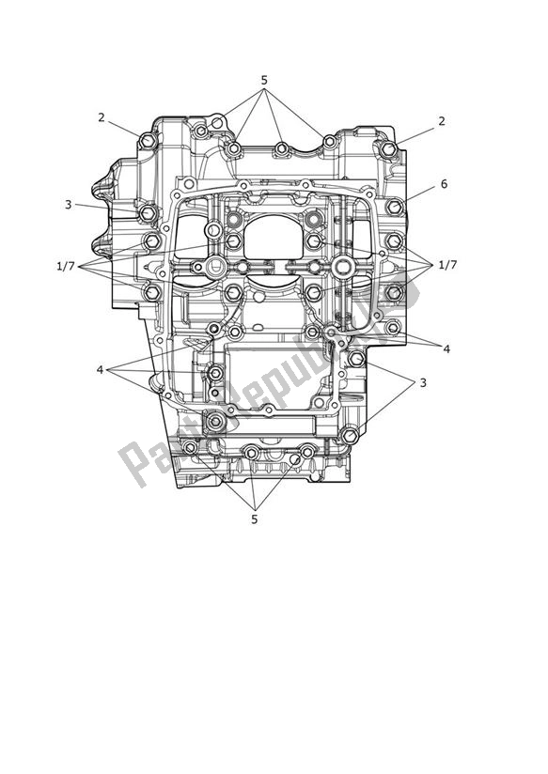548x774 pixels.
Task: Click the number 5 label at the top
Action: [x=264, y=81]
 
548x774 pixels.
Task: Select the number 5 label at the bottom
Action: [x=253, y=517]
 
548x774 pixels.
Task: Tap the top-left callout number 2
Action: [x=101, y=117]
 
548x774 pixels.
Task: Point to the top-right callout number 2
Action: [x=441, y=121]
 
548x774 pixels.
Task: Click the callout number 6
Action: [x=444, y=184]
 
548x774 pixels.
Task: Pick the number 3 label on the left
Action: [x=69, y=204]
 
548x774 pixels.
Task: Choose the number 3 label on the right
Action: [x=422, y=382]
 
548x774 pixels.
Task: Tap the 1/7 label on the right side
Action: [x=446, y=266]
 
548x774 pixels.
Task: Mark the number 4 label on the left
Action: [x=100, y=369]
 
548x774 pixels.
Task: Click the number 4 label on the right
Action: [x=446, y=348]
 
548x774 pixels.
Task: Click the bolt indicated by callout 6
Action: [x=394, y=207]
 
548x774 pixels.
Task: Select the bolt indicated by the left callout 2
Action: [x=147, y=141]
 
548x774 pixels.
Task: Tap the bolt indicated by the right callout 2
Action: [x=387, y=149]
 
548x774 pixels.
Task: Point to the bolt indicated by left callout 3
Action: [x=148, y=214]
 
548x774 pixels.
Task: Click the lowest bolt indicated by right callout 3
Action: [x=351, y=436]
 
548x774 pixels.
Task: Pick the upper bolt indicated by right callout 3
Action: [x=355, y=359]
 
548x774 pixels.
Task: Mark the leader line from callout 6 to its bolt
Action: [x=417, y=194]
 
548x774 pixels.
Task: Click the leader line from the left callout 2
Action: [x=123, y=129]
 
